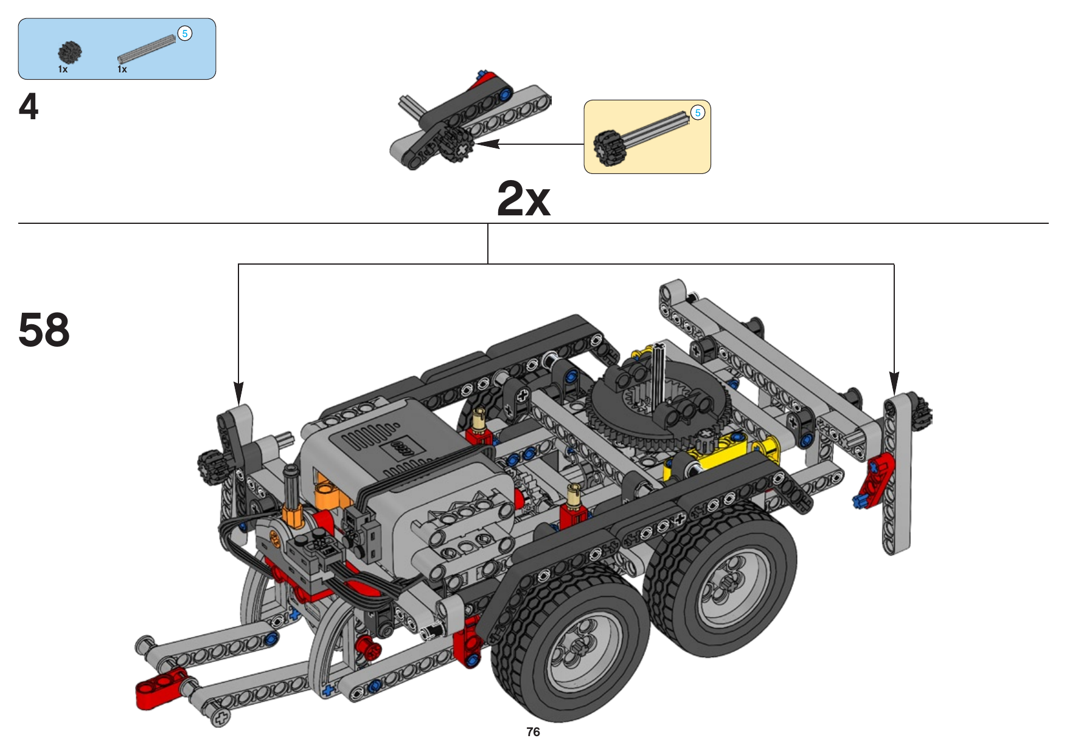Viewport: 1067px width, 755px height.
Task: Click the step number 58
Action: pyautogui.click(x=44, y=330)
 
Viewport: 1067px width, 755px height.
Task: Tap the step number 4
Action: pyautogui.click(x=29, y=107)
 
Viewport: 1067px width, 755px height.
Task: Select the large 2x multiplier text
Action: pyautogui.click(x=524, y=198)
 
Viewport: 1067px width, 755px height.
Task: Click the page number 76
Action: pyautogui.click(x=533, y=732)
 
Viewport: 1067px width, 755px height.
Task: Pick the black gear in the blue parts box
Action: pyautogui.click(x=70, y=53)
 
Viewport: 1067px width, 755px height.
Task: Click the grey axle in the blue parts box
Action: pyautogui.click(x=147, y=49)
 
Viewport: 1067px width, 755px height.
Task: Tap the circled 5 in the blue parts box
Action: pyautogui.click(x=185, y=33)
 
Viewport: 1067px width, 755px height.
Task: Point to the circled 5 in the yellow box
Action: pyautogui.click(x=698, y=113)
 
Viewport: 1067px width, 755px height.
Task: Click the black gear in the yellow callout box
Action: pyautogui.click(x=609, y=148)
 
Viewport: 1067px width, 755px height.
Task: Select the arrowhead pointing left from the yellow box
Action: pyautogui.click(x=487, y=144)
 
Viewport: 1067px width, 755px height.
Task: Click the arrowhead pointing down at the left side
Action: pyautogui.click(x=238, y=392)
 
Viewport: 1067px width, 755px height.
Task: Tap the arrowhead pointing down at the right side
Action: pyautogui.click(x=894, y=383)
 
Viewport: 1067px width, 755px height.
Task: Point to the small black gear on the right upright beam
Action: pyautogui.click(x=921, y=412)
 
